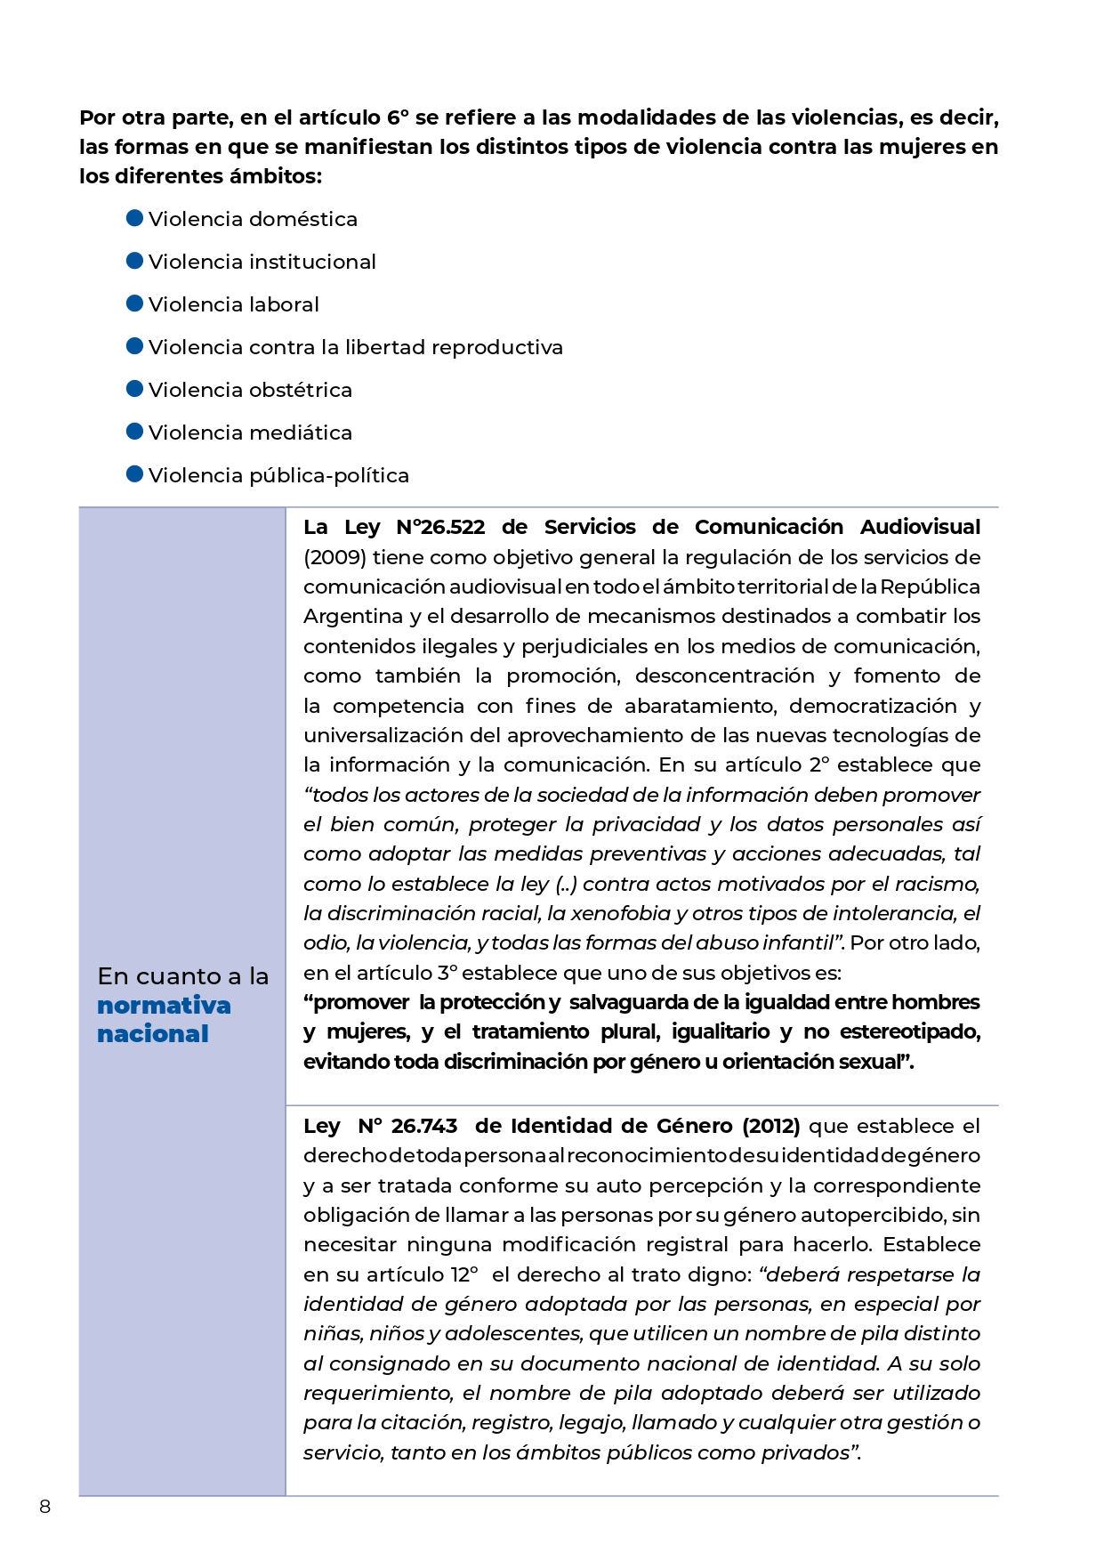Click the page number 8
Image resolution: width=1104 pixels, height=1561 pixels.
click(x=45, y=1507)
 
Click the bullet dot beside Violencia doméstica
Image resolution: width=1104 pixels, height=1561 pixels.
click(x=135, y=218)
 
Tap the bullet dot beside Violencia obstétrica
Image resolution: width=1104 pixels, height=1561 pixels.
click(x=135, y=389)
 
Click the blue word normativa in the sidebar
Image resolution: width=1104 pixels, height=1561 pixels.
click(x=164, y=1006)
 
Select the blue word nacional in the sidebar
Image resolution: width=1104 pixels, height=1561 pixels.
click(x=153, y=1034)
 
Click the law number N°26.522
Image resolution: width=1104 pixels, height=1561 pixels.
click(x=440, y=527)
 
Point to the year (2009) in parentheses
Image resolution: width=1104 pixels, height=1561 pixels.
click(x=334, y=557)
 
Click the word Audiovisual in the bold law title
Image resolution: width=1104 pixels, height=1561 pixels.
click(x=920, y=527)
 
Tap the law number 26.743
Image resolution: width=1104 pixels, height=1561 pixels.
click(x=424, y=1126)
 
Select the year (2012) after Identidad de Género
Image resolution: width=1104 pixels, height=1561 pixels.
click(x=770, y=1126)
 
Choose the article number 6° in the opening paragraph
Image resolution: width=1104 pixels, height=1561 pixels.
click(x=398, y=117)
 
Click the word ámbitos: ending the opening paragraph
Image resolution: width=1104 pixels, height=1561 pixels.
click(x=276, y=176)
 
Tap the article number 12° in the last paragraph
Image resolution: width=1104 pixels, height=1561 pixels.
click(x=463, y=1274)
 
